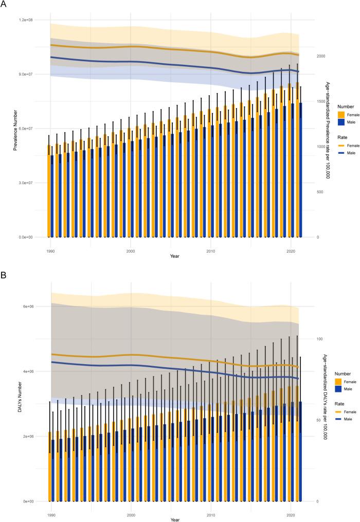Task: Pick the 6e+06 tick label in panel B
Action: [x=34, y=307]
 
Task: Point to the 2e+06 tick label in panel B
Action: [x=34, y=436]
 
